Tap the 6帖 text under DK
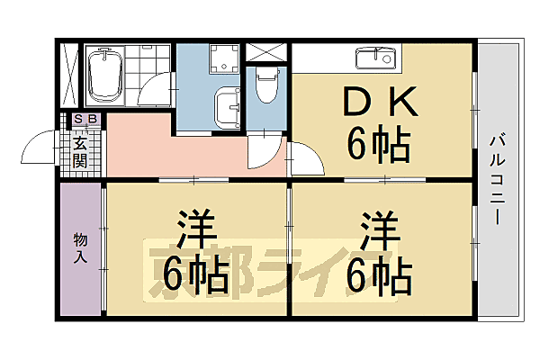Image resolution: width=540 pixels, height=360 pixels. pyautogui.click(x=379, y=143)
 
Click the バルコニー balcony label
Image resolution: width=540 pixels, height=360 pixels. pyautogui.click(x=496, y=180)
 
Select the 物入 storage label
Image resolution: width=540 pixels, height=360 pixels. pyautogui.click(x=80, y=247)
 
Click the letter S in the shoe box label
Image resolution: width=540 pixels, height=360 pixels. pyautogui.click(x=77, y=119)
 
